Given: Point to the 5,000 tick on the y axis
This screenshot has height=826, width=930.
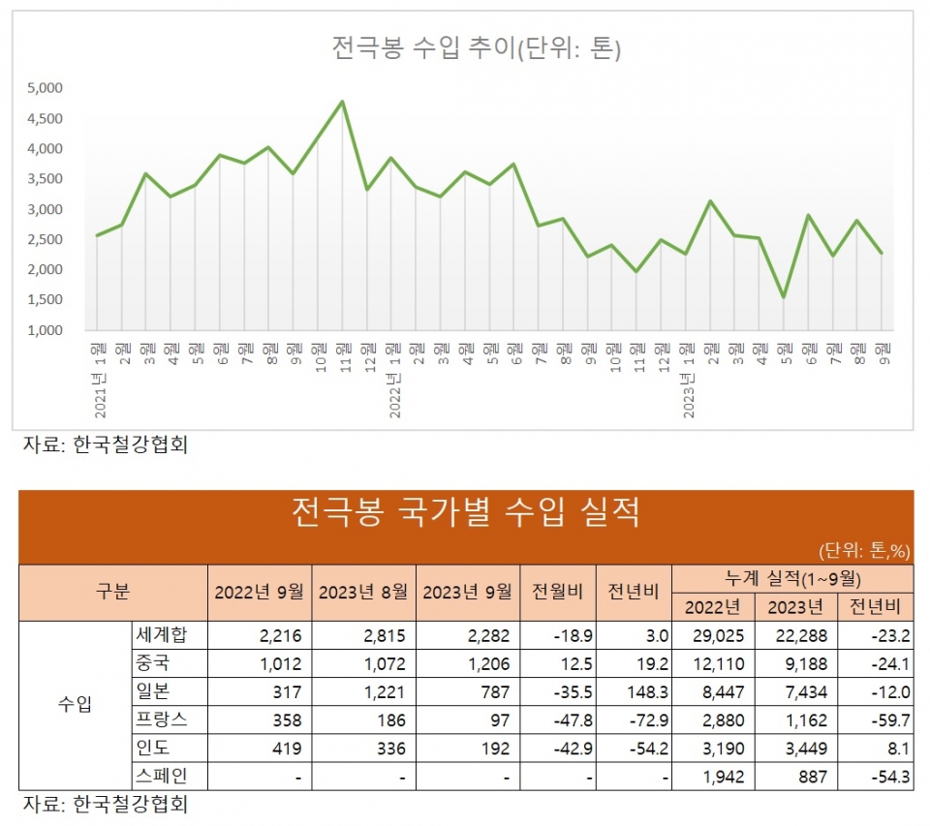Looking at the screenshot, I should click(x=45, y=88).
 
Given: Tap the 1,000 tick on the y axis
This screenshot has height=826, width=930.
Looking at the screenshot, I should click(x=45, y=330).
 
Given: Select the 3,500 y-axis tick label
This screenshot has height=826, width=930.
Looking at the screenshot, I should click(x=45, y=179).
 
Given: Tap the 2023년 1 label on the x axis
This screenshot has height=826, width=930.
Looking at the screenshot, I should click(x=688, y=378).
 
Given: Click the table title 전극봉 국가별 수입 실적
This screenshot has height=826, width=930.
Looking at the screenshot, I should click(x=465, y=512).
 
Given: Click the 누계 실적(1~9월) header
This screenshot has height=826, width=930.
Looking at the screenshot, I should click(x=792, y=578).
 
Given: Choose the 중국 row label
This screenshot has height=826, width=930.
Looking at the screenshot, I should click(x=153, y=664).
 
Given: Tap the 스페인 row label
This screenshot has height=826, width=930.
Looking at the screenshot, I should click(x=160, y=777).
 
